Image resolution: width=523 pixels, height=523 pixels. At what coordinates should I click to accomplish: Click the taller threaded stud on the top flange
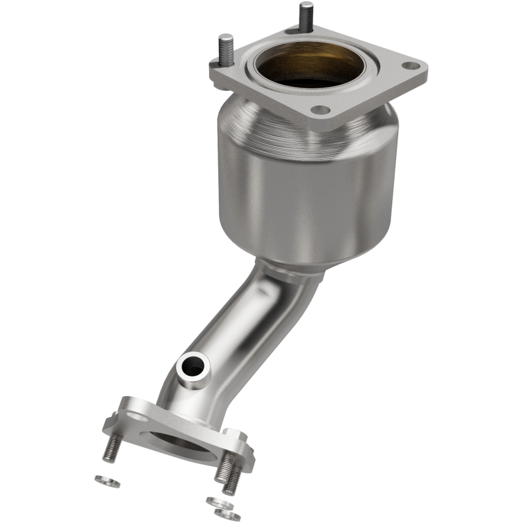point(306,16)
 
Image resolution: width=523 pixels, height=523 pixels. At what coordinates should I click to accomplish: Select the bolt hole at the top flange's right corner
point(409,66)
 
